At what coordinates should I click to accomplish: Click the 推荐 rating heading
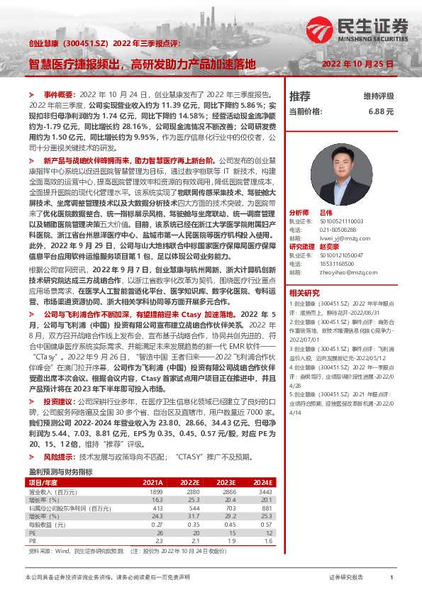click(300, 96)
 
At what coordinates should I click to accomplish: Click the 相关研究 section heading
click(304, 293)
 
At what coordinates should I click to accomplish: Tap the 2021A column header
click(154, 481)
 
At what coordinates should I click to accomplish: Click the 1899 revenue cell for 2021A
click(155, 491)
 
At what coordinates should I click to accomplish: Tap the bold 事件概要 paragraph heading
click(60, 94)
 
